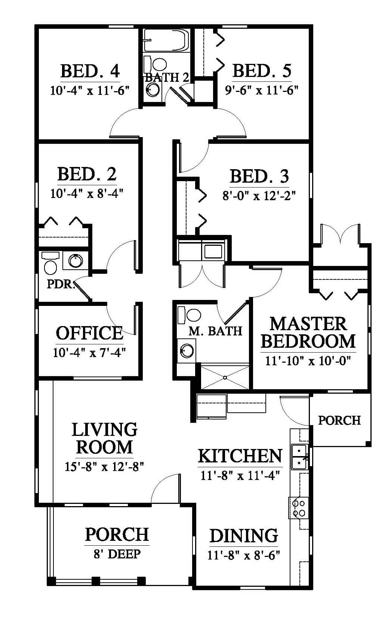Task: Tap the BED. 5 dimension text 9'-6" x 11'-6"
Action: coord(262,90)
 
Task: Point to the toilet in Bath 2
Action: coord(156,64)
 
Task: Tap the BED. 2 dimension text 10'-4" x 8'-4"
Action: coord(87,193)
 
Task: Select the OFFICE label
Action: coord(90,333)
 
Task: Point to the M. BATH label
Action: coord(215,331)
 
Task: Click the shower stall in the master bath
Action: coord(225,377)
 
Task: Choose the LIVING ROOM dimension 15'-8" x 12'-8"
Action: coord(104,467)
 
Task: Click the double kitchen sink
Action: coord(300,457)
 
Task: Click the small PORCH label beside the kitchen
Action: coord(339,420)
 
